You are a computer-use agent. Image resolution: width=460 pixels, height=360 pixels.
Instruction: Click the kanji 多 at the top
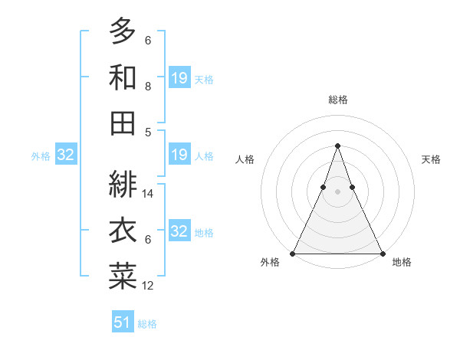click(x=123, y=31)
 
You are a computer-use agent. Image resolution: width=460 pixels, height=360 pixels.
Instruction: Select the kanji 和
click(x=123, y=77)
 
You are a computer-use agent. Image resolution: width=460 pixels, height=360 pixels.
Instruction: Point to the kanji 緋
click(x=123, y=183)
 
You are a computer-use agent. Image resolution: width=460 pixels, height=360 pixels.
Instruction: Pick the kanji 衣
click(x=123, y=229)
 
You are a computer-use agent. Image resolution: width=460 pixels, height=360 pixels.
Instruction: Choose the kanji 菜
click(x=123, y=275)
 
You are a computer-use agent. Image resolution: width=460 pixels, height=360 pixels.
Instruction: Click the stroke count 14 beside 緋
click(x=149, y=195)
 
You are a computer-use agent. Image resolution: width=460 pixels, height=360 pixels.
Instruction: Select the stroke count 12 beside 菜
click(x=149, y=286)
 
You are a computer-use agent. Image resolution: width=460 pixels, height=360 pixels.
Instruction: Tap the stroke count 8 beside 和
click(x=148, y=87)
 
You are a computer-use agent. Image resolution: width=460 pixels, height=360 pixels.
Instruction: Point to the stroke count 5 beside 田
click(x=148, y=133)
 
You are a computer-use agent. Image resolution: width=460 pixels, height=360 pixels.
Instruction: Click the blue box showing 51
click(x=123, y=322)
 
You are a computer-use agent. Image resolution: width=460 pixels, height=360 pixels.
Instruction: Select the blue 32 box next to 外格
click(x=65, y=155)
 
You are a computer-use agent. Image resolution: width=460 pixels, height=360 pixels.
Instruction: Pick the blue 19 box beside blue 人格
click(x=179, y=155)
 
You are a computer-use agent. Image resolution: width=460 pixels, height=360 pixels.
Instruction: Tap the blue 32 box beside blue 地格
click(x=179, y=231)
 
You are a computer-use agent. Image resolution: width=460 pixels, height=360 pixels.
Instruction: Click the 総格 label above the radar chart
click(x=338, y=100)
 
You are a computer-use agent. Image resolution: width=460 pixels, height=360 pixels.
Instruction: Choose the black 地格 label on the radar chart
click(x=402, y=263)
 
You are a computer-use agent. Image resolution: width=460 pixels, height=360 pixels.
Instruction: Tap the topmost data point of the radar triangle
click(x=337, y=146)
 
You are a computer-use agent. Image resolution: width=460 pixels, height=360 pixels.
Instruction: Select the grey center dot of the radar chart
click(x=337, y=191)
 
